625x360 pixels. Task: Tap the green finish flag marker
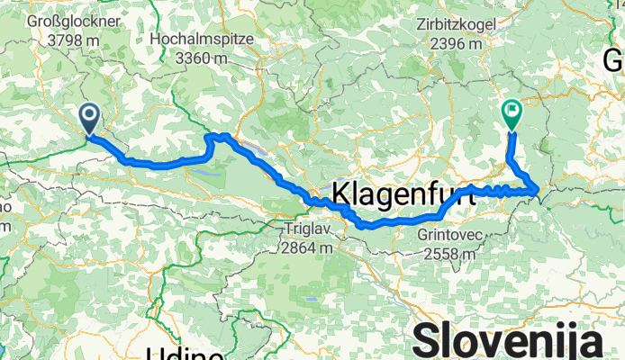point(512,114)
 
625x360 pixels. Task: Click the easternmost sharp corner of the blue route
point(539,190)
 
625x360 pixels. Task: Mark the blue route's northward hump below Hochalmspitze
point(219,137)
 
